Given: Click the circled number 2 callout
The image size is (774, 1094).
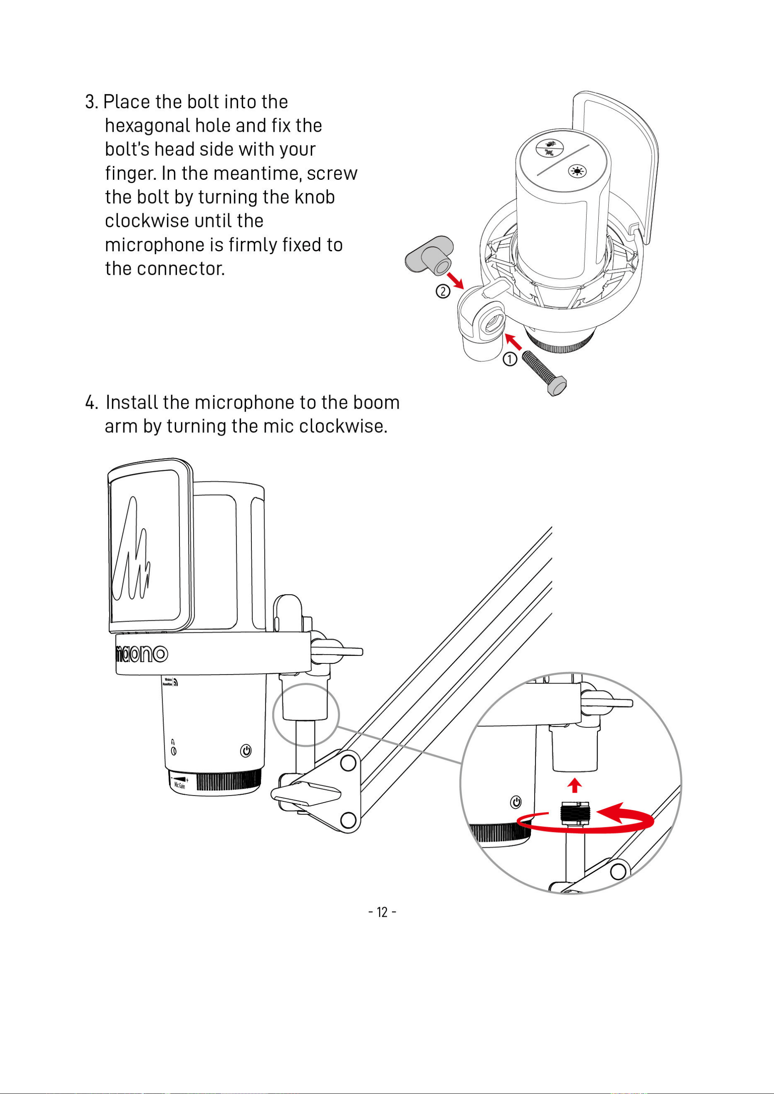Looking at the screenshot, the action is pyautogui.click(x=443, y=291).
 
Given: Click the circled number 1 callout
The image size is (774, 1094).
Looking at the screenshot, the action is pyautogui.click(x=509, y=359).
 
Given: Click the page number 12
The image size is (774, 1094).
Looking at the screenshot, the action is pyautogui.click(x=382, y=912).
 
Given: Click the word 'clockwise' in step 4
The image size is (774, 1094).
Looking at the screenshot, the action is pyautogui.click(x=343, y=426).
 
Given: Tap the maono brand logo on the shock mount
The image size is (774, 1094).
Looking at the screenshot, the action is pyautogui.click(x=141, y=654).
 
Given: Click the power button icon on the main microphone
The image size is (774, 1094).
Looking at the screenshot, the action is pyautogui.click(x=246, y=751).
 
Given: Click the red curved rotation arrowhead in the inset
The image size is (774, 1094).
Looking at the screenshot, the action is pyautogui.click(x=620, y=812).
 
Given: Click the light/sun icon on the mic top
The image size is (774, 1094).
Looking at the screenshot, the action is pyautogui.click(x=577, y=171).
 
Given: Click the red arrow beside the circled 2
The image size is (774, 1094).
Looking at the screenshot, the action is pyautogui.click(x=455, y=281).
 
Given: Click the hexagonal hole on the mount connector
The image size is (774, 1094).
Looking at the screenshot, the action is pyautogui.click(x=490, y=324).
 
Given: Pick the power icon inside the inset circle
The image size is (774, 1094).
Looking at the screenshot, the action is pyautogui.click(x=516, y=802).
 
